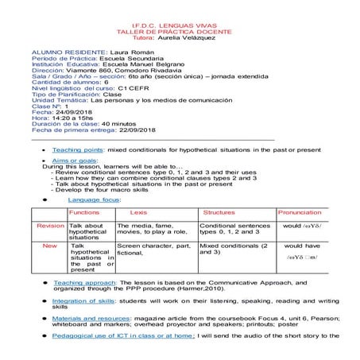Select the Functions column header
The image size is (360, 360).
click(x=84, y=213)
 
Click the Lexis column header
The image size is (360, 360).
click(x=138, y=213)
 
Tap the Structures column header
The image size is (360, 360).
click(x=219, y=213)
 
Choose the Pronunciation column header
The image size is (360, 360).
click(x=300, y=213)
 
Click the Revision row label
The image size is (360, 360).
click(x=50, y=226)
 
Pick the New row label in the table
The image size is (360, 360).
click(x=49, y=246)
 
